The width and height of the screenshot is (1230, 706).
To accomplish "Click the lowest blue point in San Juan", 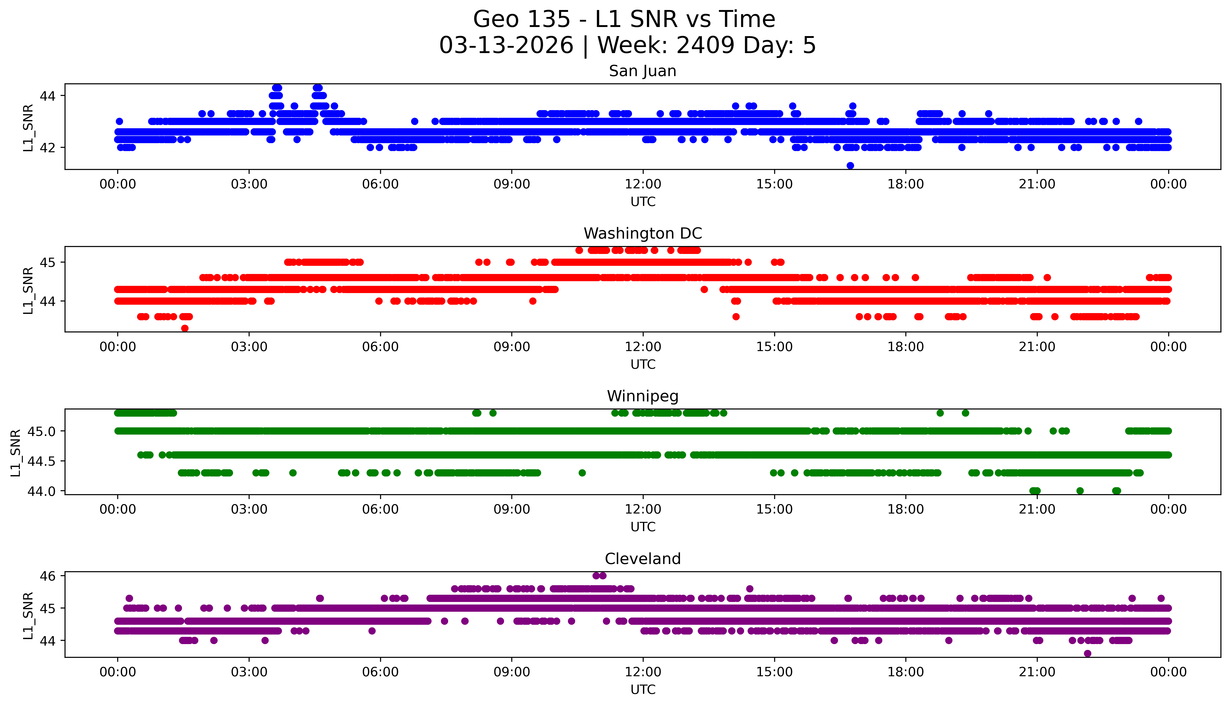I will click(850, 166).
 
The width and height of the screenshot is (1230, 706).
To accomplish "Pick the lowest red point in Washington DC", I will click(184, 328).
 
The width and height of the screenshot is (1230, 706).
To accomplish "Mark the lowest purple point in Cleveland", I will click(1087, 654).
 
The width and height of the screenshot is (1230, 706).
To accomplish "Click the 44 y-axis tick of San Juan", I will click(48, 96).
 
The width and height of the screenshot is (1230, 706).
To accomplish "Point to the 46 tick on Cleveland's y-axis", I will click(48, 576).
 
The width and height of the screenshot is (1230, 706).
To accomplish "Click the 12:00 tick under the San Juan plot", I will click(643, 184).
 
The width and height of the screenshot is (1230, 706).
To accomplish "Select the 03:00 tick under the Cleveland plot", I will click(249, 672).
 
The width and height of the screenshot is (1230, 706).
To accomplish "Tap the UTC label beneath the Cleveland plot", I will click(643, 689).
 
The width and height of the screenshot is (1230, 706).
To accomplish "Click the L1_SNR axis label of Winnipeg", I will click(16, 453).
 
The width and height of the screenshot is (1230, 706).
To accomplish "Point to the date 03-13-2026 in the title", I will click(506, 46).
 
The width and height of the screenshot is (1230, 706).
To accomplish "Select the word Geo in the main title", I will click(497, 19).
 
